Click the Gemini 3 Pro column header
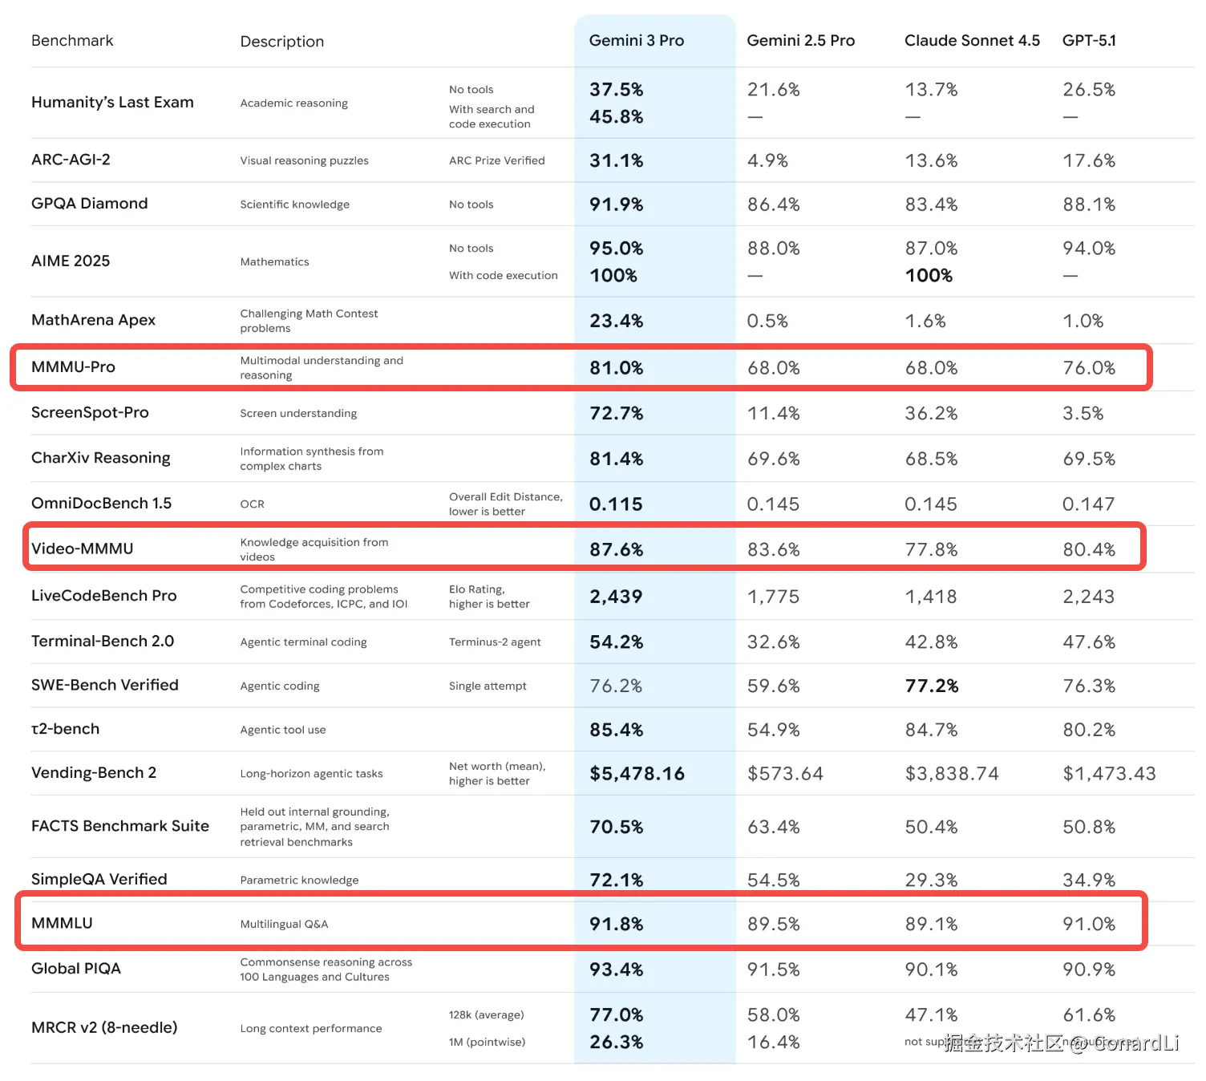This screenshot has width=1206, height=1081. [636, 41]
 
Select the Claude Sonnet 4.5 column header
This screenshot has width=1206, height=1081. [972, 41]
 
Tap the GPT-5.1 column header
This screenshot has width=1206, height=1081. [1089, 41]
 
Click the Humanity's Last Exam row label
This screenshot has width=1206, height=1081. [112, 103]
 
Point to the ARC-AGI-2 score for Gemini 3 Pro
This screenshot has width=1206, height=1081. [616, 160]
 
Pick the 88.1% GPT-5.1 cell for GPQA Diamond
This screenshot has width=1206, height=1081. [1089, 204]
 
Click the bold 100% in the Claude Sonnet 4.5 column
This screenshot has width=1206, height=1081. [929, 276]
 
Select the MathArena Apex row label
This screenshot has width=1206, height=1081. [93, 320]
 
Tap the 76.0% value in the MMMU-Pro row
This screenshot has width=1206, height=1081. [1089, 368]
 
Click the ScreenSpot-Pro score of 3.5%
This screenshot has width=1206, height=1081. [1083, 414]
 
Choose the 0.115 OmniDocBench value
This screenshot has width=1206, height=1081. [616, 504]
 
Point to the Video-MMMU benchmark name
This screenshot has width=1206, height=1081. [83, 549]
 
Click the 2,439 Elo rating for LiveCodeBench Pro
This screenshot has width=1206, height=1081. [616, 597]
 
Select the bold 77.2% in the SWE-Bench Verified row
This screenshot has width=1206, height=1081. [932, 686]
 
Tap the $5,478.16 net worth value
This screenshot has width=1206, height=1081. [637, 774]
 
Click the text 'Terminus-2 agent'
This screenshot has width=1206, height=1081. [495, 642]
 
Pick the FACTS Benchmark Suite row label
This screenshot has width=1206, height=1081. [120, 826]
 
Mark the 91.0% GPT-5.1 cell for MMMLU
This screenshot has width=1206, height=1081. [1089, 925]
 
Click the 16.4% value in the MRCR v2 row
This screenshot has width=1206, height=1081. [774, 1043]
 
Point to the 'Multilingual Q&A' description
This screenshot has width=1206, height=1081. [284, 925]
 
